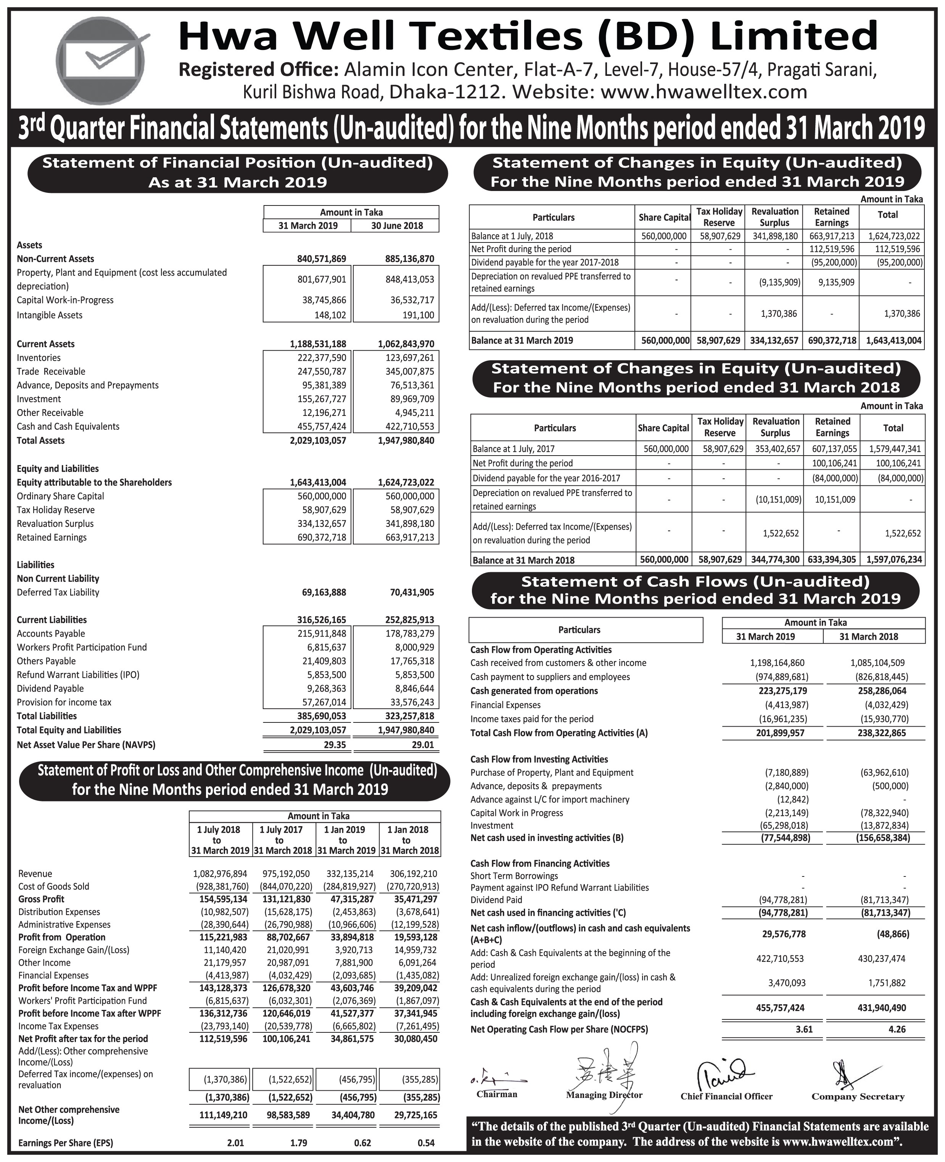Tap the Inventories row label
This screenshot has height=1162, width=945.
click(x=39, y=358)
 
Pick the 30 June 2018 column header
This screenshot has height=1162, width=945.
click(x=396, y=226)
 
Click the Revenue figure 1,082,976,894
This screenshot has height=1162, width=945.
click(x=220, y=874)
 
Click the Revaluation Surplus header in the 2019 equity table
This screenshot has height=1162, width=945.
click(x=774, y=217)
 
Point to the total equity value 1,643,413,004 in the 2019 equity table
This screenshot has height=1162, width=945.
click(x=892, y=340)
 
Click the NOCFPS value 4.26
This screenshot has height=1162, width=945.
click(x=897, y=1029)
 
